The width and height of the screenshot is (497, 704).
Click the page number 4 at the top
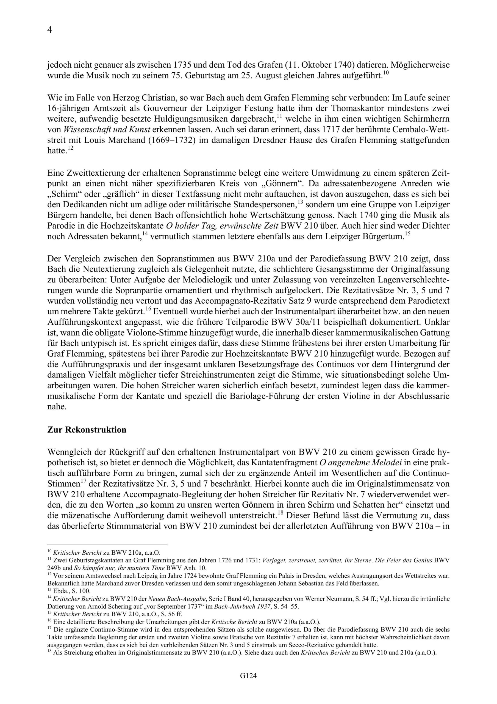click(x=50, y=30)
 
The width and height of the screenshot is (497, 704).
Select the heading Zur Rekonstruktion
click(x=87, y=430)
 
